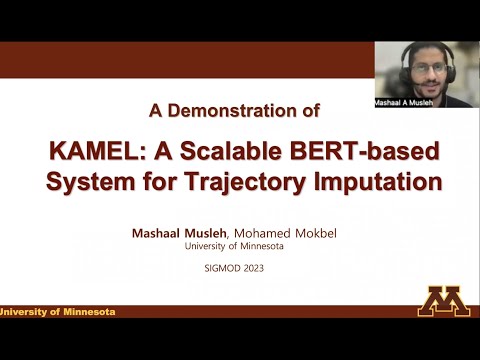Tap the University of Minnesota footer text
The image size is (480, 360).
coord(58,312)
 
